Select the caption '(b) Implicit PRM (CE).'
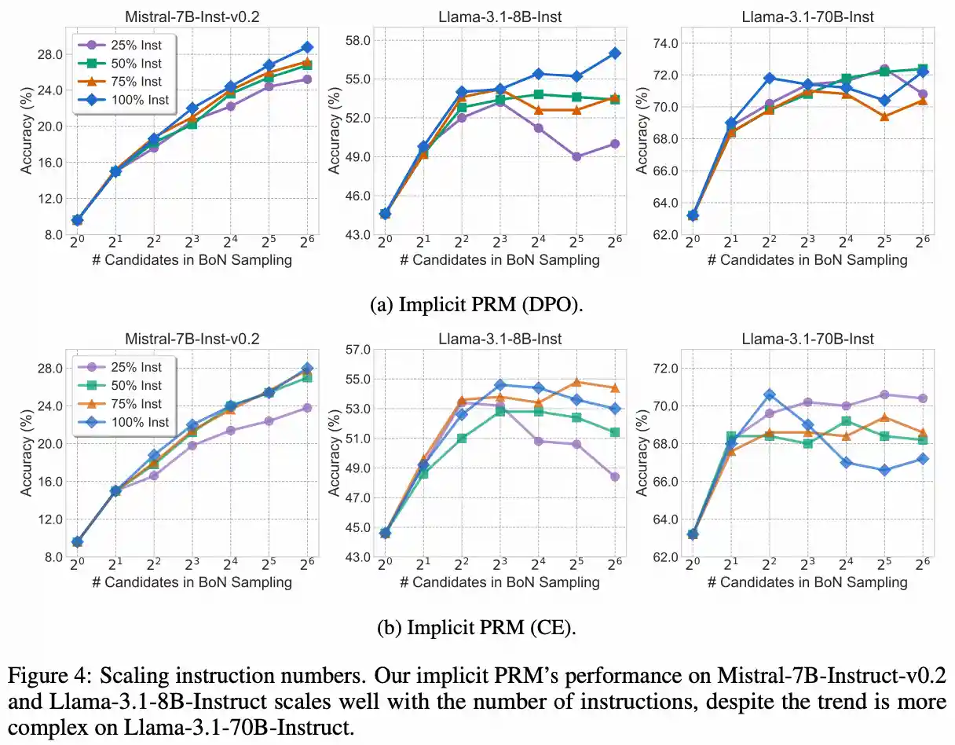coord(477,628)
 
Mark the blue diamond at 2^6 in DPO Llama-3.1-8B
coord(616,53)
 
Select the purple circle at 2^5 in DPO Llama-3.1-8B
coord(577,156)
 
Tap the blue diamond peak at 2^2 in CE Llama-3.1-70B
coord(770,395)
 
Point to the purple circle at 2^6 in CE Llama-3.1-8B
coord(616,476)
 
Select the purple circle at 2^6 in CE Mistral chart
coord(307,407)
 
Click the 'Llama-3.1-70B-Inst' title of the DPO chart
coord(807,17)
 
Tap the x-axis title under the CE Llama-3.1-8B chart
coord(499,582)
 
